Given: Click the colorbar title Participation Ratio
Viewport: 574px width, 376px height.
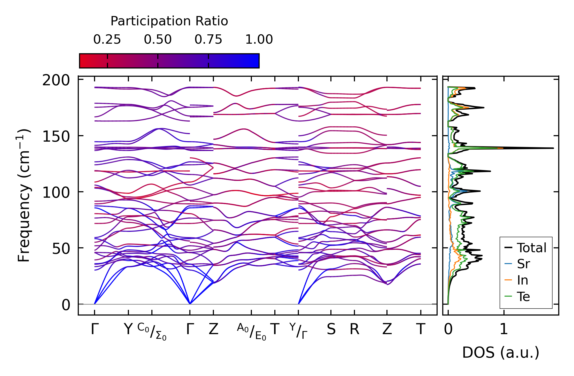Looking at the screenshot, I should pos(169,21).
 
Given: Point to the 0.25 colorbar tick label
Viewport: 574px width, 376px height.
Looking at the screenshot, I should pos(107,40).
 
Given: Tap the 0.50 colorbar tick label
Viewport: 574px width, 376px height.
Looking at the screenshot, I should pos(158,40).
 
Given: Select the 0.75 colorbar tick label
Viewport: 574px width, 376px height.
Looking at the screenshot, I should pos(208,40).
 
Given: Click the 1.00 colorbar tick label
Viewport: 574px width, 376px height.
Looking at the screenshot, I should pos(259,40).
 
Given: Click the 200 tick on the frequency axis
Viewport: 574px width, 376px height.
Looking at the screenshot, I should pos(56,80).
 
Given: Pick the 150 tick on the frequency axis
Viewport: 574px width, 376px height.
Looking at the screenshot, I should pos(56,136).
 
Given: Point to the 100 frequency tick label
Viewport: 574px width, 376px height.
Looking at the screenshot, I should pos(56,193).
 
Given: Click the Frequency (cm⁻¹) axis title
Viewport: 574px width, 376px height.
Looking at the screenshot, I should pos(24,195).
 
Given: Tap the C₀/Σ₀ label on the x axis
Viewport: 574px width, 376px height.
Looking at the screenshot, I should pos(152,331).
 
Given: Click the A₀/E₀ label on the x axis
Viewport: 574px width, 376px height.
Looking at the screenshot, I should pos(251,332).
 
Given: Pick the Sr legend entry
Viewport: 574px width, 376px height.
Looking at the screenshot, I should pos(523,264).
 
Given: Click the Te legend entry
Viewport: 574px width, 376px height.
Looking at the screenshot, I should pos(523,297).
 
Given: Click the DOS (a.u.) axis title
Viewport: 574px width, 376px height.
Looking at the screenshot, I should pos(501,353).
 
